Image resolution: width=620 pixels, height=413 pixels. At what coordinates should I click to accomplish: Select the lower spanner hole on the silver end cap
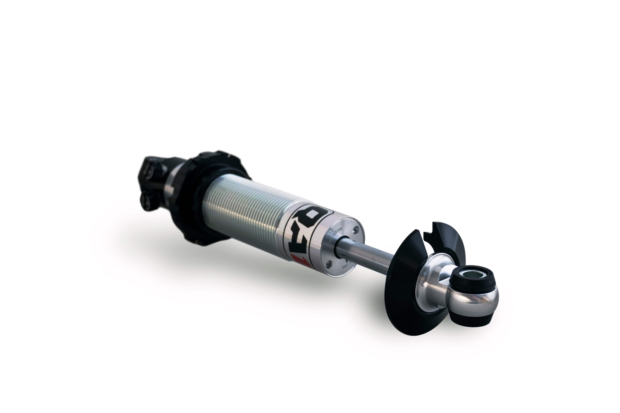329,264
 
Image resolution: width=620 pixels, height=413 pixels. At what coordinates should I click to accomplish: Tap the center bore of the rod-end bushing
474,275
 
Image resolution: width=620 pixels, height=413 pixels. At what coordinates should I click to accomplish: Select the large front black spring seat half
403,290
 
